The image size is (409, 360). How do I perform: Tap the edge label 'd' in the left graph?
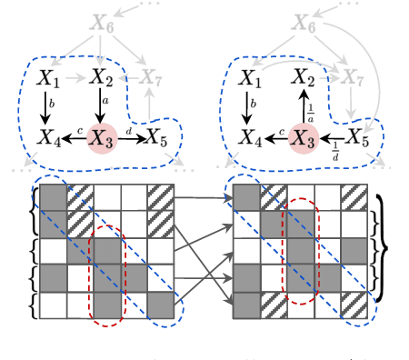pos(130,133)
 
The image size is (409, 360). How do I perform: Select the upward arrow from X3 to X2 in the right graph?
pos(301,108)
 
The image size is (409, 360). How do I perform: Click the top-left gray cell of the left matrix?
pos(53,196)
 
